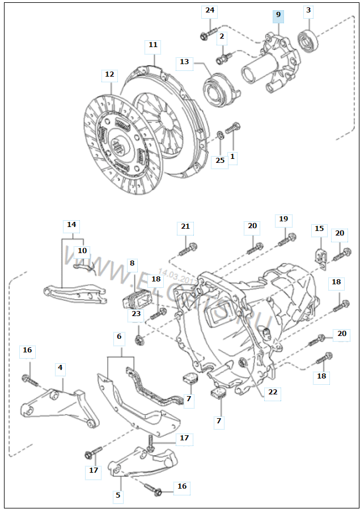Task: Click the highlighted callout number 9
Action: click(x=278, y=14)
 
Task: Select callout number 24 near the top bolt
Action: click(x=210, y=10)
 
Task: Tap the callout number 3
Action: click(x=308, y=10)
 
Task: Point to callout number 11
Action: click(x=153, y=45)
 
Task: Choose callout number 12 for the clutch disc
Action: click(x=109, y=74)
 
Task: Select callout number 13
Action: click(x=184, y=61)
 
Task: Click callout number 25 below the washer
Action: click(x=220, y=161)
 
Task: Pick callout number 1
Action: click(x=231, y=156)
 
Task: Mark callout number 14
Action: click(x=71, y=225)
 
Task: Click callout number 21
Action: click(x=185, y=226)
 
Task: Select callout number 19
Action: click(x=283, y=219)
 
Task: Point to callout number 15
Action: click(x=319, y=229)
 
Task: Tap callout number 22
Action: click(x=273, y=392)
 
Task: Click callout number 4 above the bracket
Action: click(x=60, y=368)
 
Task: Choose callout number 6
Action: click(x=119, y=337)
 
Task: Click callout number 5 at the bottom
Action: click(x=118, y=495)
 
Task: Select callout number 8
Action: click(x=132, y=263)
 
